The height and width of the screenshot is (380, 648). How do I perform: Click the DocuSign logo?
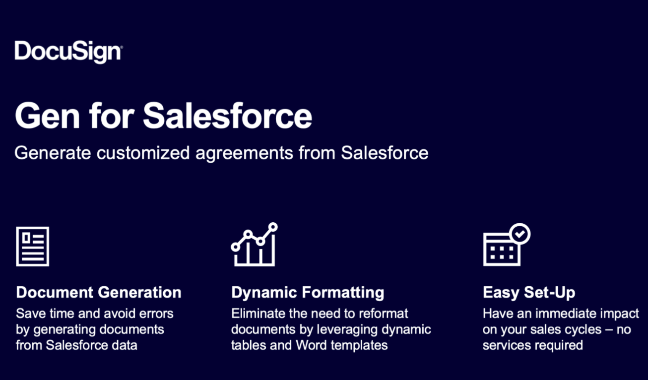click(x=68, y=52)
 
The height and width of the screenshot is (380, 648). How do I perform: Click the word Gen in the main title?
click(x=47, y=116)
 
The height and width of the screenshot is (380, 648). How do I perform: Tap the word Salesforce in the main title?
click(x=227, y=116)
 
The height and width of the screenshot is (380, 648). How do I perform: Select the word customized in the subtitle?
click(x=143, y=153)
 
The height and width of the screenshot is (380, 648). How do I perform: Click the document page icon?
click(x=33, y=247)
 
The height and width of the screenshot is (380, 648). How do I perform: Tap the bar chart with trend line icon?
click(x=254, y=245)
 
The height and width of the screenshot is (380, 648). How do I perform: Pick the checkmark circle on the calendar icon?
click(x=520, y=234)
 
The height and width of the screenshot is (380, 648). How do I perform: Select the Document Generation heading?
click(x=99, y=292)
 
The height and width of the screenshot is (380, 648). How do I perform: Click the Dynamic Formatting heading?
click(x=308, y=293)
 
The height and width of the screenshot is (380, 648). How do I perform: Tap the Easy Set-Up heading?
click(x=529, y=293)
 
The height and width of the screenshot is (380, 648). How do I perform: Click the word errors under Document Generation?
click(x=156, y=314)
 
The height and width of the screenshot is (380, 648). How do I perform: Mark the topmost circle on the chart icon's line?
click(x=273, y=227)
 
